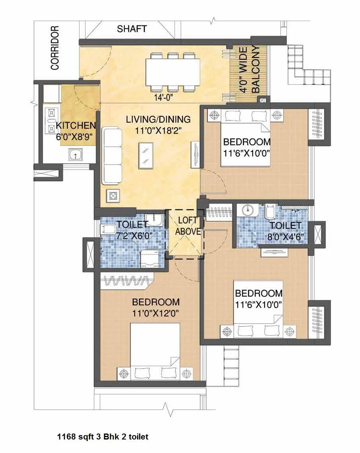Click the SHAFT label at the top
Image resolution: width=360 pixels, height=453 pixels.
pos(132,29)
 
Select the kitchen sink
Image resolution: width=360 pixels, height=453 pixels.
pos(74,154)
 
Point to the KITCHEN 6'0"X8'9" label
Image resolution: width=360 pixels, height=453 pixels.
pos(76,130)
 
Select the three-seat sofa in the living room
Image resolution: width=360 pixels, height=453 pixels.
pos(112,155)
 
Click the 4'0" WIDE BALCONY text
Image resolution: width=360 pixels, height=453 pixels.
pos(249,70)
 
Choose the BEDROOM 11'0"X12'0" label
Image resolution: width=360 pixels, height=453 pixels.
pos(156,307)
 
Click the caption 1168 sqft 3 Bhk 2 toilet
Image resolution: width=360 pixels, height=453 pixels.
pos(103,437)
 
